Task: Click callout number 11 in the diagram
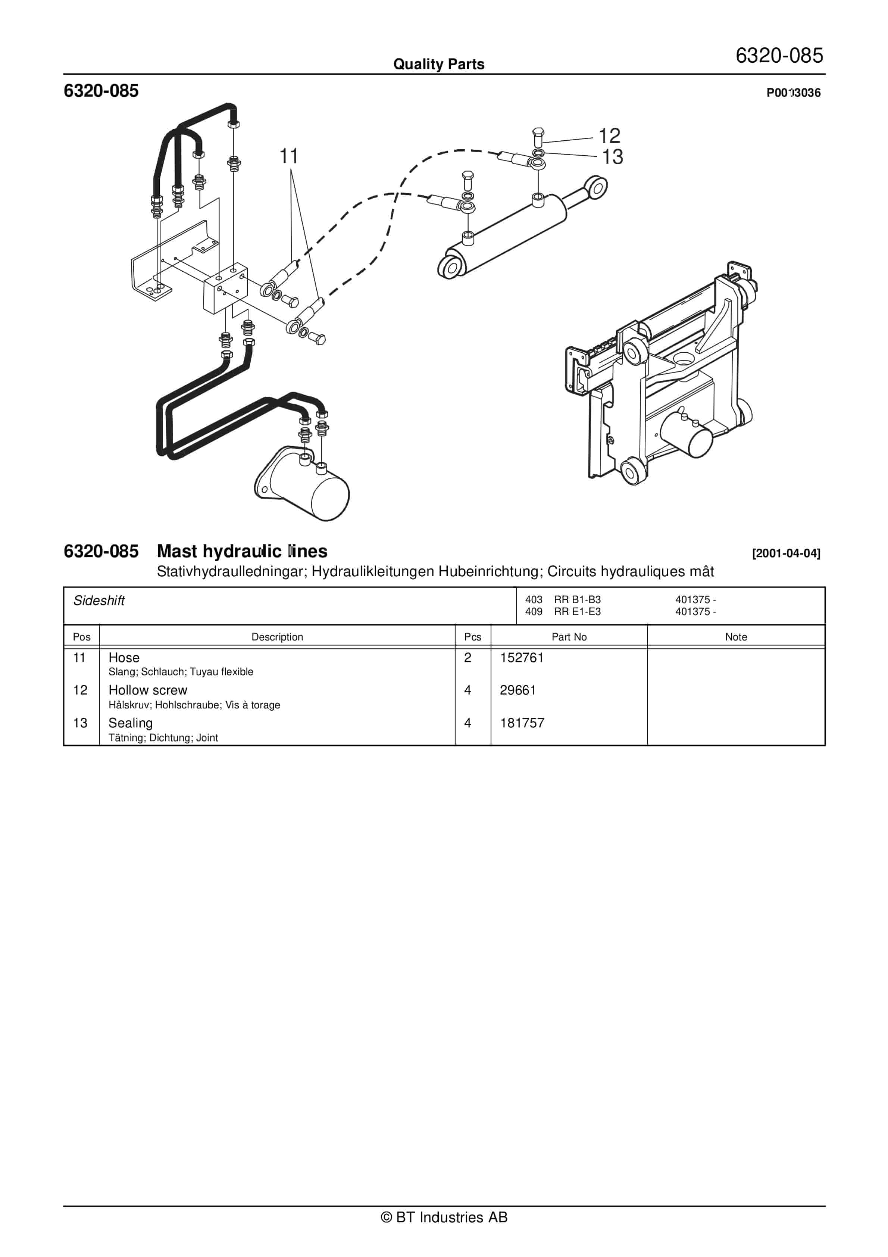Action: pos(288,157)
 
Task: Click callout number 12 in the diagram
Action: pos(609,136)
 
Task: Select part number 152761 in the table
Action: pos(521,658)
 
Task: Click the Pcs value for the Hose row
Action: pos(468,658)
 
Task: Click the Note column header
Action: pos(735,637)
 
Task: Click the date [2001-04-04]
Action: pos(786,553)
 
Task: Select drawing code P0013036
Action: pos(793,93)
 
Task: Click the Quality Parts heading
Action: pos(438,64)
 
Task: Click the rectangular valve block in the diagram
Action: pos(225,290)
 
